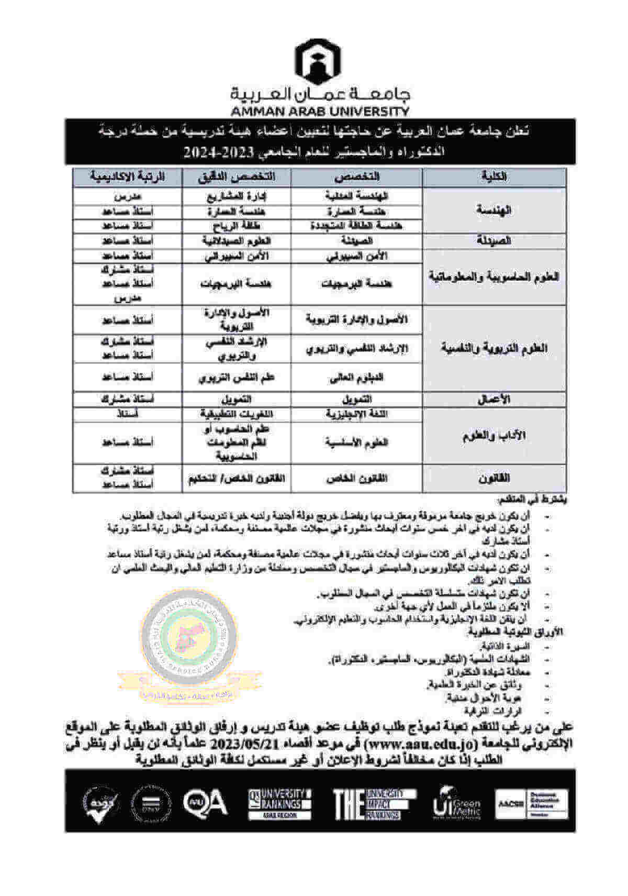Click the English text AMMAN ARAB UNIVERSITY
(x=320, y=111)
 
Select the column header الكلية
(x=494, y=177)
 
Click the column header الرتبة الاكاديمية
(x=127, y=177)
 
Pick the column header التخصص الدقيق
(x=236, y=177)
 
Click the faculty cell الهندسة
(x=494, y=210)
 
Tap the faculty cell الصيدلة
(x=494, y=241)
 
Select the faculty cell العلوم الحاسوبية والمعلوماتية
(x=494, y=276)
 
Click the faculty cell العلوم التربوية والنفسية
(x=494, y=348)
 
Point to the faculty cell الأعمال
(x=494, y=399)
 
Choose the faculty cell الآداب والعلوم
(x=494, y=436)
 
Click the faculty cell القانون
(x=494, y=478)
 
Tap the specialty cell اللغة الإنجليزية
(x=356, y=414)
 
